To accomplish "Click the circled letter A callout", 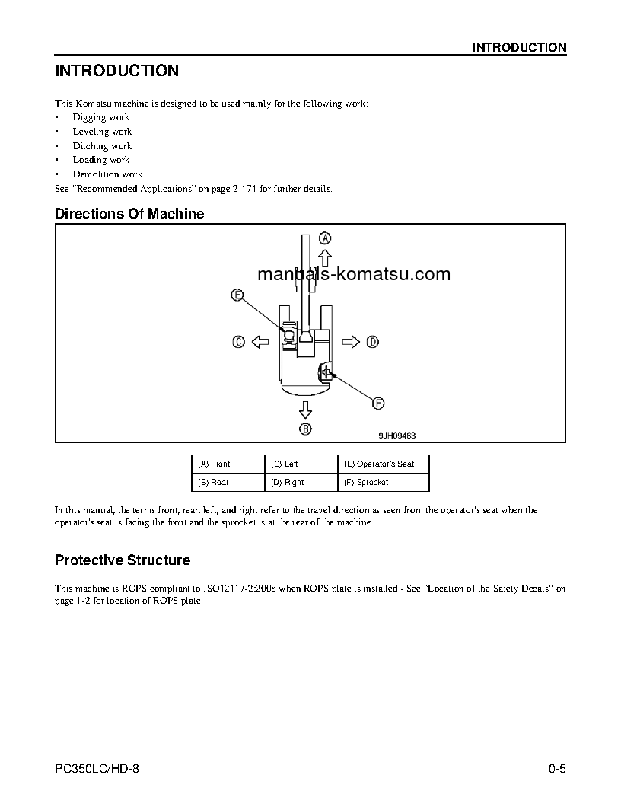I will pyautogui.click(x=324, y=238).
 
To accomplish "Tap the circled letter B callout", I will pyautogui.click(x=305, y=429).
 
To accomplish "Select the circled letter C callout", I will pyautogui.click(x=238, y=343).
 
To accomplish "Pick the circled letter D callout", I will pyautogui.click(x=372, y=343).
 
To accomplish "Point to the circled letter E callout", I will pyautogui.click(x=237, y=295).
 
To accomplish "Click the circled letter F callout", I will pyautogui.click(x=377, y=404).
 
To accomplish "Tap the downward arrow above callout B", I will pyautogui.click(x=305, y=410).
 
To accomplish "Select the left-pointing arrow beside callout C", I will pyautogui.click(x=260, y=343).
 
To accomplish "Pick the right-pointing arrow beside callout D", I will pyautogui.click(x=350, y=343).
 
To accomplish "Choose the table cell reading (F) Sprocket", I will pyautogui.click(x=383, y=482).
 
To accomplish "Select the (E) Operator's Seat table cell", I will pyautogui.click(x=383, y=464).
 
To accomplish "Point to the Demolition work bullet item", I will pyautogui.click(x=107, y=174).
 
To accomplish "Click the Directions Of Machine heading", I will pyautogui.click(x=129, y=214).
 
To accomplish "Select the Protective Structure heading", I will pyautogui.click(x=123, y=560).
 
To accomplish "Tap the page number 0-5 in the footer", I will pyautogui.click(x=557, y=769).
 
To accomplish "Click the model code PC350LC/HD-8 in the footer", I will pyautogui.click(x=97, y=769).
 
